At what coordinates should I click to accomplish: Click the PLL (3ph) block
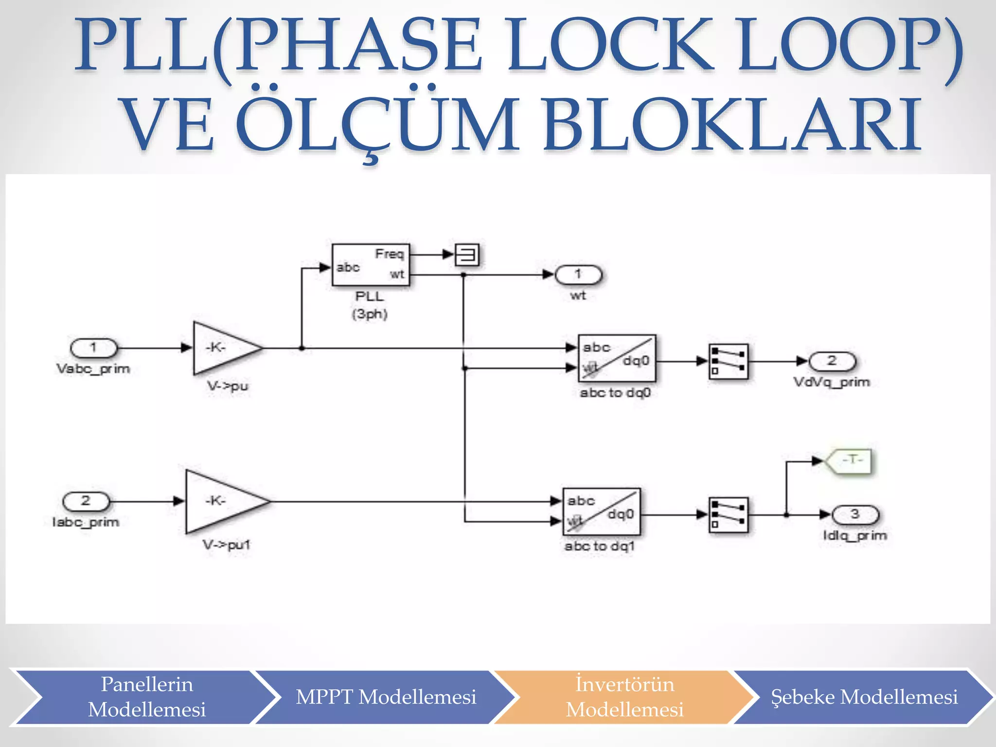(371, 265)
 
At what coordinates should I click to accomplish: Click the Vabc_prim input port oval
(94, 348)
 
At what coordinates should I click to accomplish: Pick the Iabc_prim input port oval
(86, 501)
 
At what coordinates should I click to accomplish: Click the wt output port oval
(578, 275)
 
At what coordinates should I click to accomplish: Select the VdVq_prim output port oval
(832, 361)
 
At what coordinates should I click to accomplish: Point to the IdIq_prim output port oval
(855, 515)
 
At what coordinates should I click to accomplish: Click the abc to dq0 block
(617, 358)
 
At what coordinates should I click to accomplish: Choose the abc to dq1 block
(602, 512)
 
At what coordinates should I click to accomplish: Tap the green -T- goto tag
(849, 460)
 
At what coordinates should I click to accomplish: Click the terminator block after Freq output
(467, 255)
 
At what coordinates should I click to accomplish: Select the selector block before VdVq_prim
(728, 361)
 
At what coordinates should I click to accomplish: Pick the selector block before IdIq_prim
(728, 515)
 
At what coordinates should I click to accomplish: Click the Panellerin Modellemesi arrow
(146, 697)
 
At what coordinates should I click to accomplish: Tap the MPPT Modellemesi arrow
(386, 697)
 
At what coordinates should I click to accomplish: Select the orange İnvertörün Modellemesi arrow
(624, 697)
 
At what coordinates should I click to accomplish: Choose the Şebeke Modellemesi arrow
(864, 697)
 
